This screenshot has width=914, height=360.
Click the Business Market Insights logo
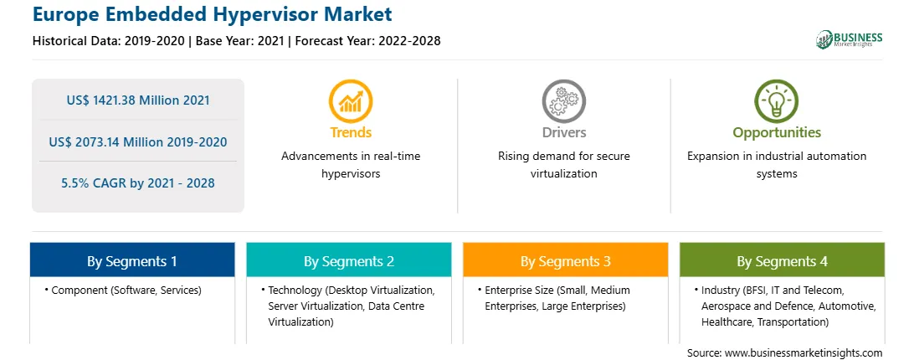[850, 39]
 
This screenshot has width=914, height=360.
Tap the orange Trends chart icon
[351, 101]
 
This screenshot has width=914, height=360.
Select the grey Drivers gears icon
[563, 101]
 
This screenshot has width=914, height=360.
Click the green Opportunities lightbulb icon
[777, 101]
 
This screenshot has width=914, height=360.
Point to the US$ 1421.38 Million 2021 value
[138, 100]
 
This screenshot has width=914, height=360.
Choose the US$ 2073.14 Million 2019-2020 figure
[138, 141]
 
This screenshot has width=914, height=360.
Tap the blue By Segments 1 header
[132, 261]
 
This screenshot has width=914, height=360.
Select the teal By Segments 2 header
[348, 261]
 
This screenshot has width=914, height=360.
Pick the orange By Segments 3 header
[566, 261]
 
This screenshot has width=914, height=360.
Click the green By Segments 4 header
[783, 261]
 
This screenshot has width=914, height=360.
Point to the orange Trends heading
[351, 132]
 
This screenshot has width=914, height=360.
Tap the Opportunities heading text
[777, 132]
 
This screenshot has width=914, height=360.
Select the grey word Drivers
[564, 132]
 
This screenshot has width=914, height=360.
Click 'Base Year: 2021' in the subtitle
[240, 41]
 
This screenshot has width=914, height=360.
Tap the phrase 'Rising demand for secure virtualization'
[563, 165]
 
